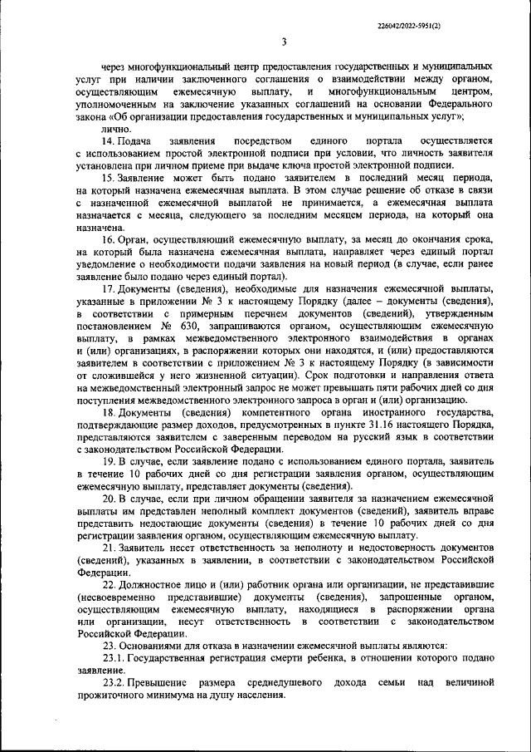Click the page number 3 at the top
[x=283, y=42]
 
